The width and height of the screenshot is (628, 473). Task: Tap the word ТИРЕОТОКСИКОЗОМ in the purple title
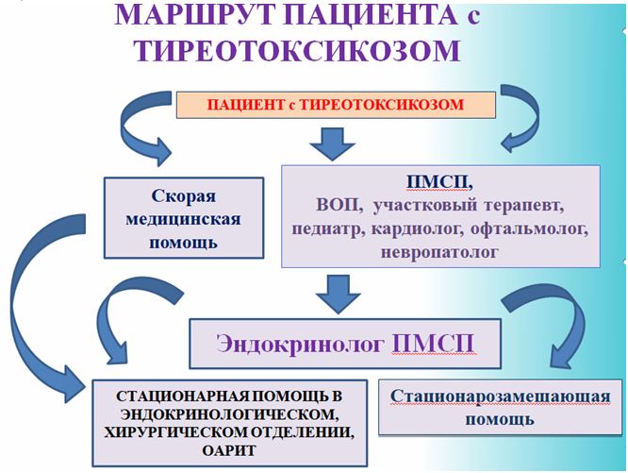[297, 50]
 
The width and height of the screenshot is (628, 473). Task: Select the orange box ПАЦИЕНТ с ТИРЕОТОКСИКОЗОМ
[336, 105]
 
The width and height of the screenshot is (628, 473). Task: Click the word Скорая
[184, 196]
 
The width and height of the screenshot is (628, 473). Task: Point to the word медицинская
[184, 219]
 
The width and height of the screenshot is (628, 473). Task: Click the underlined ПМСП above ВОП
[437, 182]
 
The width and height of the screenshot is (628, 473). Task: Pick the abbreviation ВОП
[337, 205]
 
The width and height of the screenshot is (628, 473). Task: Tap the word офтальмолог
[529, 229]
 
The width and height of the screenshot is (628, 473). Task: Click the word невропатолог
[439, 252]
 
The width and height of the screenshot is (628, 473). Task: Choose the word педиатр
[328, 229]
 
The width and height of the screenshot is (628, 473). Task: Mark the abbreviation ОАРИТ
[229, 450]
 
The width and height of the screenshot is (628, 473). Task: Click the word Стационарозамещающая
[501, 397]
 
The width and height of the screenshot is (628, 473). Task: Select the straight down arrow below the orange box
[333, 144]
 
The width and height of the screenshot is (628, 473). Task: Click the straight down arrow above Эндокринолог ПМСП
[339, 294]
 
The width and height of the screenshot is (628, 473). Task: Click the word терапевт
[524, 205]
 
